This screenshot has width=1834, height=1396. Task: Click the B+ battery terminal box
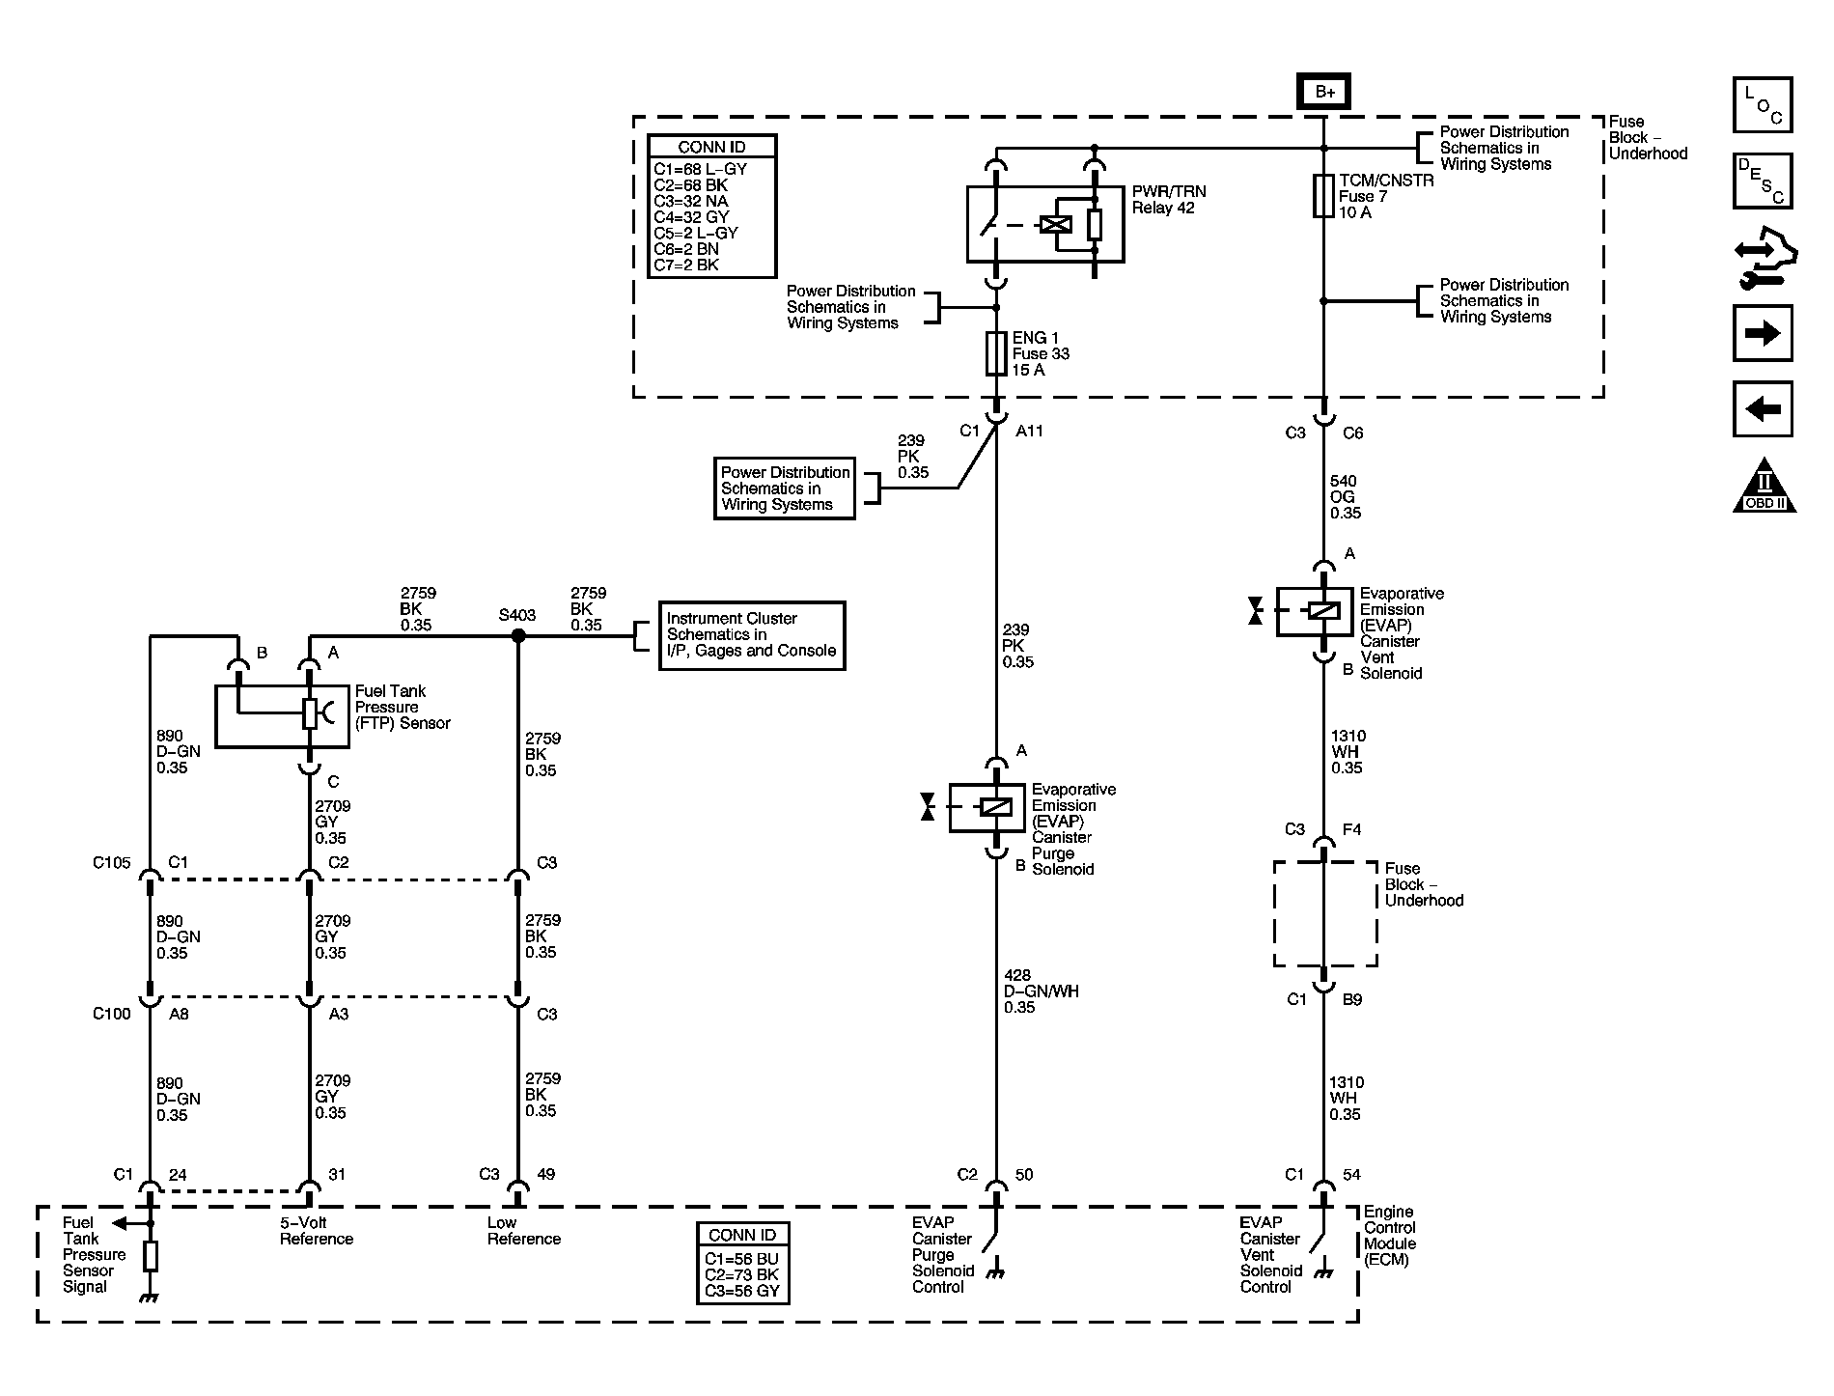pyautogui.click(x=1323, y=92)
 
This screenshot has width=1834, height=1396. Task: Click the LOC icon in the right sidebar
pyautogui.click(x=1763, y=105)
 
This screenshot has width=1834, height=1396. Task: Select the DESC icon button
pyautogui.click(x=1763, y=181)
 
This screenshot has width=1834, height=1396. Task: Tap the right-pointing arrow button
pyautogui.click(x=1763, y=333)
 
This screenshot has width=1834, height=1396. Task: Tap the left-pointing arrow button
pyautogui.click(x=1763, y=409)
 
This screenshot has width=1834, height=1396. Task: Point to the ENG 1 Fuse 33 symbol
pyautogui.click(x=997, y=354)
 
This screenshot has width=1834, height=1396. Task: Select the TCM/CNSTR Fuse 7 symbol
pyautogui.click(x=1323, y=196)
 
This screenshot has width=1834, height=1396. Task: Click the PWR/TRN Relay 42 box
pyautogui.click(x=1045, y=224)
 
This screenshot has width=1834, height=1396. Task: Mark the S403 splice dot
pyautogui.click(x=517, y=635)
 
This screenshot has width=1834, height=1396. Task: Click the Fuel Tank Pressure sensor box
pyautogui.click(x=281, y=715)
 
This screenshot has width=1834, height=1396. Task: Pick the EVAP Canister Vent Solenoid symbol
pyautogui.click(x=1314, y=611)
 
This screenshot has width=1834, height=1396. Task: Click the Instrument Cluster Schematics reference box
pyautogui.click(x=751, y=635)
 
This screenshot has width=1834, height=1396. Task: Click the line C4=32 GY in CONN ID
pyautogui.click(x=692, y=217)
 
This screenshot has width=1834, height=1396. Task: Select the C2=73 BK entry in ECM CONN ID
pyautogui.click(x=741, y=1275)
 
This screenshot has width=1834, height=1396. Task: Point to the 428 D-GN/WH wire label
pyautogui.click(x=1041, y=991)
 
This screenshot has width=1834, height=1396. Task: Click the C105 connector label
pyautogui.click(x=111, y=863)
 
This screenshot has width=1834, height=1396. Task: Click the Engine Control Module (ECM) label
pyautogui.click(x=1389, y=1236)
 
